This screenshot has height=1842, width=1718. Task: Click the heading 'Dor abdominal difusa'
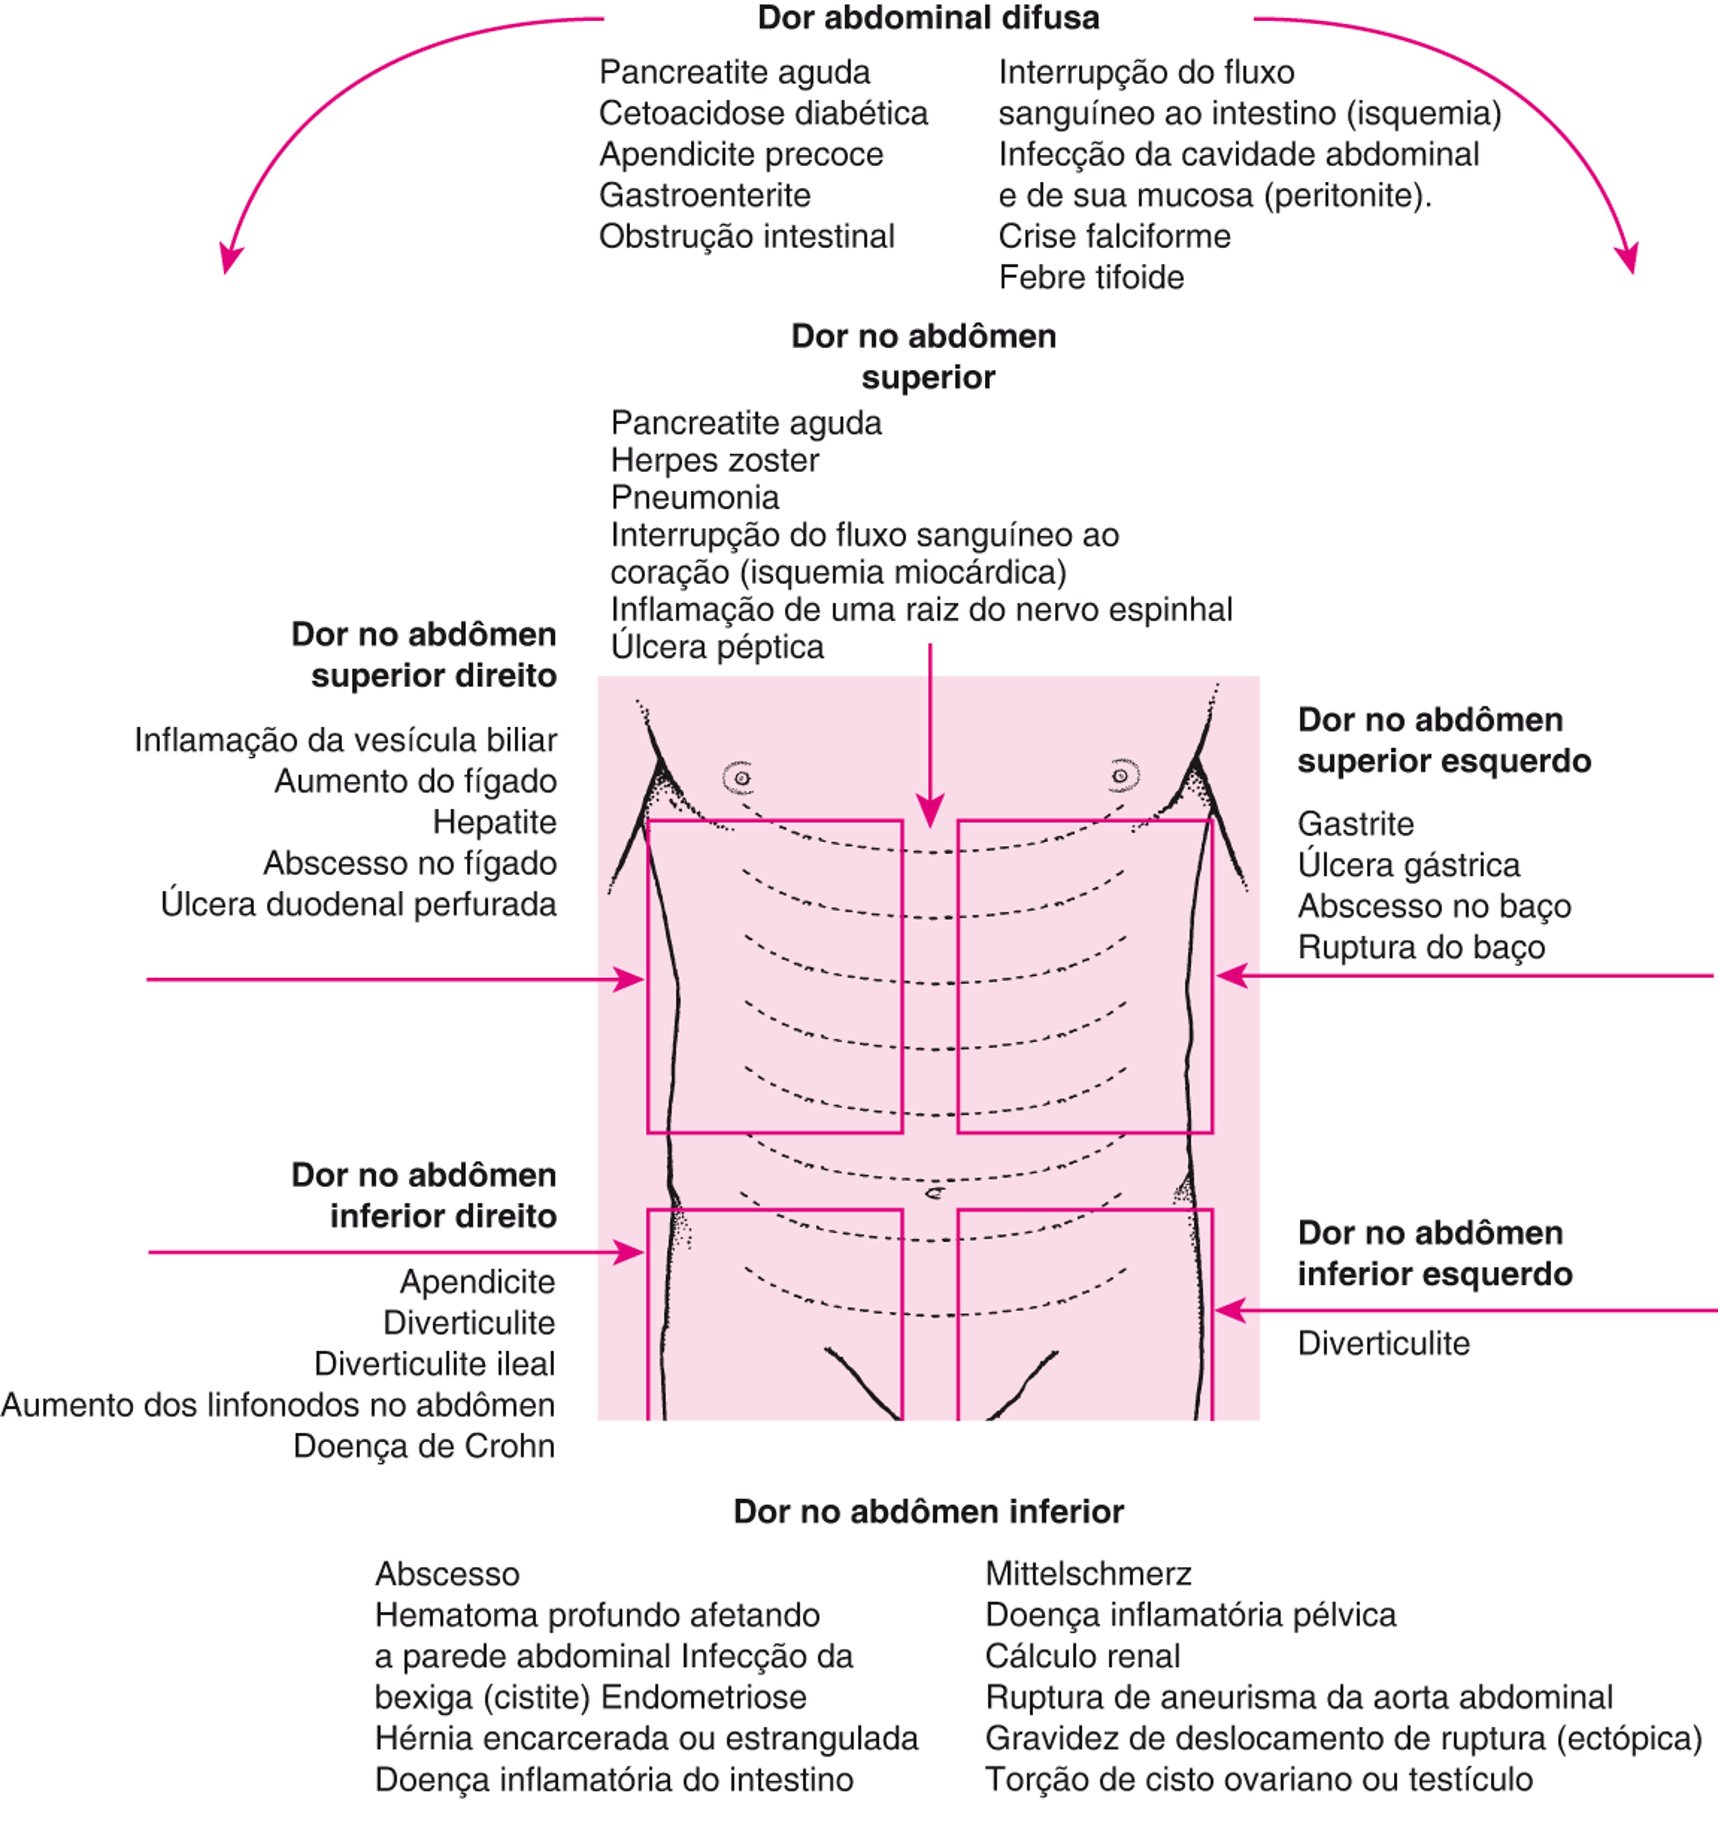[x=928, y=18]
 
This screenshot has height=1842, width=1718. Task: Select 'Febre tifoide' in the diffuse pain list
[x=1091, y=277]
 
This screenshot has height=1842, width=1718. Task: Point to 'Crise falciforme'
[x=1114, y=236]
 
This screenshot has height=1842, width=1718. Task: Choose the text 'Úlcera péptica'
[x=717, y=647]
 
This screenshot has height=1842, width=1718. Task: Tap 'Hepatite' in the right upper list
[x=494, y=822]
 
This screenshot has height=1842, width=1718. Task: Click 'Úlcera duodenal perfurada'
[x=358, y=904]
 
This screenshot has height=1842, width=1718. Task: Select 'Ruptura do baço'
[x=1421, y=947]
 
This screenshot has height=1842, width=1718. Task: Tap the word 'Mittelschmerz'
[x=1088, y=1573]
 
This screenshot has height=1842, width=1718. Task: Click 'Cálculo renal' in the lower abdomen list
[x=1082, y=1656]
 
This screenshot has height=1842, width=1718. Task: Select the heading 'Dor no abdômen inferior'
[x=928, y=1511]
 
